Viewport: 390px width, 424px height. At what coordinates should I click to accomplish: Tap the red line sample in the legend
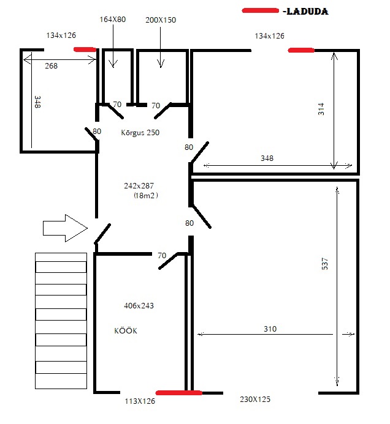coord(260,10)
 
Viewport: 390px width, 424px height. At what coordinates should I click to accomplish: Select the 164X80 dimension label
coord(113,19)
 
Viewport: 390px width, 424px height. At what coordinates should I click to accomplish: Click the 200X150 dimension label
coord(161,20)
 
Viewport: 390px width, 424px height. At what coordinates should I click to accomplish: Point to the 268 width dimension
coord(52,65)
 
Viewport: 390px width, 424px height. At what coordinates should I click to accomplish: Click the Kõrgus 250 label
coord(140,132)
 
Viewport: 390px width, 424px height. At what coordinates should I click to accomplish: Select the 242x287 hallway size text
coord(139,185)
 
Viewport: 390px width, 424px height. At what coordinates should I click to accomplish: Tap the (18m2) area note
coord(146,195)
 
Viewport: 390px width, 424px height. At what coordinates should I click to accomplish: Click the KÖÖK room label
coord(126,330)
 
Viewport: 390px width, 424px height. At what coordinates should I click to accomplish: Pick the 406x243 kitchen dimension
coord(139,305)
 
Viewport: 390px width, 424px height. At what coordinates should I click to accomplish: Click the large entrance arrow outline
coord(66,228)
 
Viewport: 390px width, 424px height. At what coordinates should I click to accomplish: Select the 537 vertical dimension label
coord(324,264)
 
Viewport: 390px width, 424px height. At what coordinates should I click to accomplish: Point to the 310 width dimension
coord(270,329)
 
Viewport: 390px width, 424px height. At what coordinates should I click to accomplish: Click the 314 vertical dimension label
coord(321,109)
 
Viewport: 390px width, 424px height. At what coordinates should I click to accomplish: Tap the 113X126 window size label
coord(140,401)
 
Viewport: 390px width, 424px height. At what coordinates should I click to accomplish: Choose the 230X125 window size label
coord(255,399)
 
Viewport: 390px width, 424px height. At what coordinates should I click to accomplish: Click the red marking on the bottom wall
coord(179,393)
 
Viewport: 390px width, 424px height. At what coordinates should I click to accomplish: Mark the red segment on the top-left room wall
coord(85,50)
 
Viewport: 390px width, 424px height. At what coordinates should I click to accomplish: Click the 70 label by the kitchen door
coord(162,256)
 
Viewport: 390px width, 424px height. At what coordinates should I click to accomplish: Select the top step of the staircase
coord(61,257)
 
